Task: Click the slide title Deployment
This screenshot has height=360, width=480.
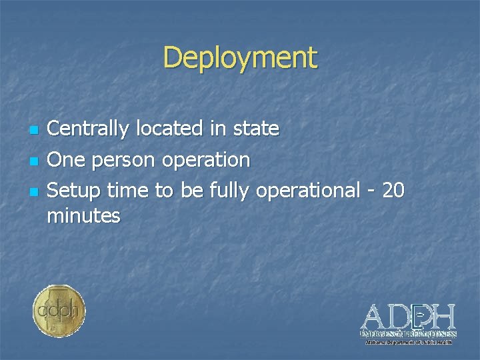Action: point(240,57)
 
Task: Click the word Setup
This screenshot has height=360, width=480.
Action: point(75,192)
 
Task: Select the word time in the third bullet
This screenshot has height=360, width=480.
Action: point(129,191)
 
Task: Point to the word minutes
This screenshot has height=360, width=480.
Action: point(83,215)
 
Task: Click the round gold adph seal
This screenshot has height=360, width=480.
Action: point(59,311)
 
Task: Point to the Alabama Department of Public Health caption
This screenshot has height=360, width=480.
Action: point(408,342)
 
